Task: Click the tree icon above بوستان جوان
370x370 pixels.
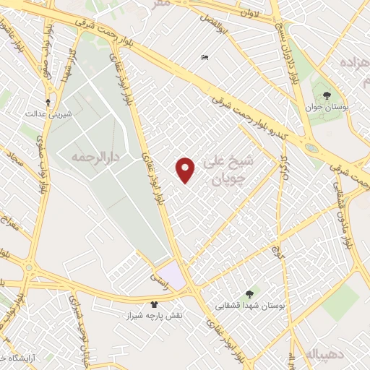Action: (x=326, y=94)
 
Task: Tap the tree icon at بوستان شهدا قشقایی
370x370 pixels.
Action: (x=249, y=293)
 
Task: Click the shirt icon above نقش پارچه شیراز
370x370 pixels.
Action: (x=153, y=304)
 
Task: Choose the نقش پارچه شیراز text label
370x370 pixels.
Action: (x=154, y=317)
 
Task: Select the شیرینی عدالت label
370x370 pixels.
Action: (x=48, y=114)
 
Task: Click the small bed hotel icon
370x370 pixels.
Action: (x=205, y=58)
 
